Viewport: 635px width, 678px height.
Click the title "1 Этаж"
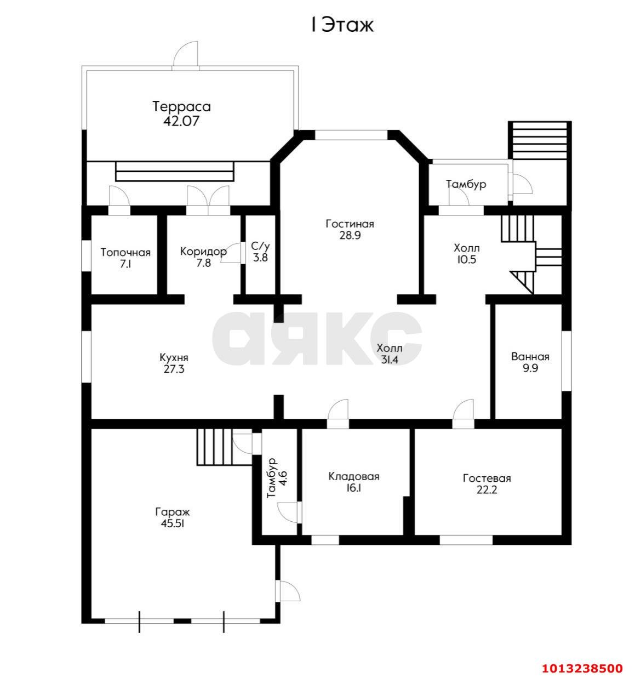[342, 25]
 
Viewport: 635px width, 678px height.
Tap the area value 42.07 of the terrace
[181, 121]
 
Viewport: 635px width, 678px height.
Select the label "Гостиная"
[350, 224]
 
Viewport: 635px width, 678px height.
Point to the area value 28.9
[350, 235]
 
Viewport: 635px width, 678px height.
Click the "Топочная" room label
[125, 253]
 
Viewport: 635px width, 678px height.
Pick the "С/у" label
[260, 246]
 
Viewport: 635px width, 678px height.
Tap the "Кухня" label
[174, 358]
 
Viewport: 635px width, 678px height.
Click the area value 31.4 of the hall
[390, 360]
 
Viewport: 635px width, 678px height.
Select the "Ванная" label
[530, 357]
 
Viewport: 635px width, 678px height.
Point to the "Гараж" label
[173, 512]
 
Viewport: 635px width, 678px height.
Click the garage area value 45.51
[173, 523]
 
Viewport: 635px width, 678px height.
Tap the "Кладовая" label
[354, 476]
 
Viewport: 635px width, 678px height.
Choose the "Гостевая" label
[487, 478]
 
